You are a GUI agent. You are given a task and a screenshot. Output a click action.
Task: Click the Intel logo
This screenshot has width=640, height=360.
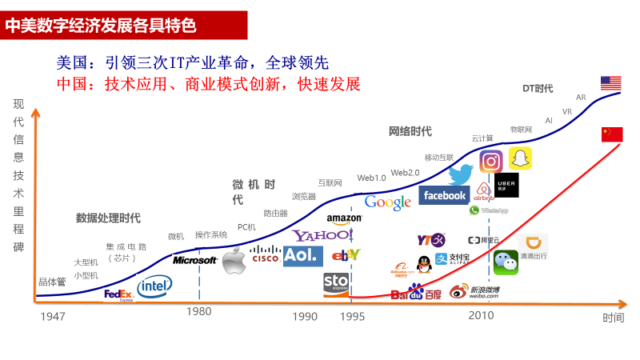coord(154,286)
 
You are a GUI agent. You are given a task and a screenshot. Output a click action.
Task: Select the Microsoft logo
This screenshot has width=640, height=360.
coord(195,260)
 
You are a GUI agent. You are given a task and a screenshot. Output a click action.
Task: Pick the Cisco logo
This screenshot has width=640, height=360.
coord(265,255)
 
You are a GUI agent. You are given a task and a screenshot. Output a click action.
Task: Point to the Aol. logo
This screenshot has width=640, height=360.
coord(302,256)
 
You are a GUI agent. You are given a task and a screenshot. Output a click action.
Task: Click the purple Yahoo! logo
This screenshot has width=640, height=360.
coord(322,236)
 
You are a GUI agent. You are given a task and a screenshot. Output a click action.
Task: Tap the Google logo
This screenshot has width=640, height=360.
coord(388,202)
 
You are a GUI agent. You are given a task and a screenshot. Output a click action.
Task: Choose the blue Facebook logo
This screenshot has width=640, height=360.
coord(444,195)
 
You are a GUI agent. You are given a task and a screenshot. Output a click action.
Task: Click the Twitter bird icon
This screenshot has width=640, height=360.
coord(461,174)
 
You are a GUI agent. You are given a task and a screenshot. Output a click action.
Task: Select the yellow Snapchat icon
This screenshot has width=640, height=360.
coord(521,158)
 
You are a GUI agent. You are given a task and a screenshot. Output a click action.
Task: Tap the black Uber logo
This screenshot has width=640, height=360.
coord(506,185)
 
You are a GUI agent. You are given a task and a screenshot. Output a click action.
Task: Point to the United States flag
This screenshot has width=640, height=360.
coord(611,83)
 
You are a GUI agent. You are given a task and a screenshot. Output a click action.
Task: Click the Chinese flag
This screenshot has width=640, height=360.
coord(612,134)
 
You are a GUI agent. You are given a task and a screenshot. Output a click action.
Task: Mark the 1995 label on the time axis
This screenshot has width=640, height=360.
coord(351,317)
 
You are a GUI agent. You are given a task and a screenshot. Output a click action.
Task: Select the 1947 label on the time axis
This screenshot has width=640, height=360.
coord(53,317)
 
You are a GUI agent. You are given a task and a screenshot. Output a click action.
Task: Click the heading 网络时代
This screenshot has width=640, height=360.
coord(410,131)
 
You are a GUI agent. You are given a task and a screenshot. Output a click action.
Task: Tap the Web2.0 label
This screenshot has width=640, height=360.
coord(406,173)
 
